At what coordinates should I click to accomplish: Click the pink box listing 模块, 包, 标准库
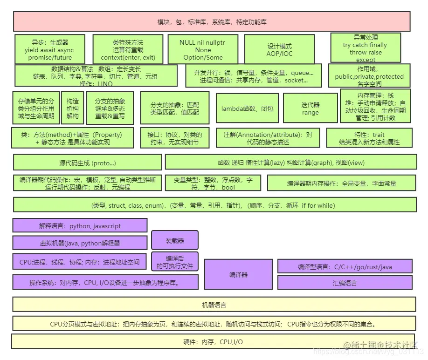[x=212, y=22]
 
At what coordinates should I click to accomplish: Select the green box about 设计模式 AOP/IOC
[x=279, y=49]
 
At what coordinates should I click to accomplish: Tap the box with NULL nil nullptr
[x=202, y=49]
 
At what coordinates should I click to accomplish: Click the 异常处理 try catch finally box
[x=365, y=48]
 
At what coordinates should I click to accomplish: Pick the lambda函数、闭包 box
[x=247, y=108]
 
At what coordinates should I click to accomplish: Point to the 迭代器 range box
[x=310, y=108]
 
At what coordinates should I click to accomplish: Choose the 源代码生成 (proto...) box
[x=87, y=163]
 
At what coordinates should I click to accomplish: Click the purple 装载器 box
[x=175, y=240]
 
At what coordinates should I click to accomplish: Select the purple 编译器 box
[x=238, y=275]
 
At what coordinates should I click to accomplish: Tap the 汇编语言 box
[x=345, y=283]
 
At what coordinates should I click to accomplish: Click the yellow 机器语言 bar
[x=214, y=305]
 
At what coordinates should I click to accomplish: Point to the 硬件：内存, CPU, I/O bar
[x=213, y=341]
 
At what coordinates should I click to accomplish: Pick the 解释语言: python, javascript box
[x=80, y=226]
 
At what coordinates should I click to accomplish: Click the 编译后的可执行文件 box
[x=174, y=262]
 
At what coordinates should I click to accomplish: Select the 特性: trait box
[x=368, y=138]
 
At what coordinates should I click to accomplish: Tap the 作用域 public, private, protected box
[x=369, y=76]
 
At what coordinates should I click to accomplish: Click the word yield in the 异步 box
[x=32, y=50]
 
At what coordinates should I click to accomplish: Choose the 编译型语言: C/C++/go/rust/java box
[x=345, y=267]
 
